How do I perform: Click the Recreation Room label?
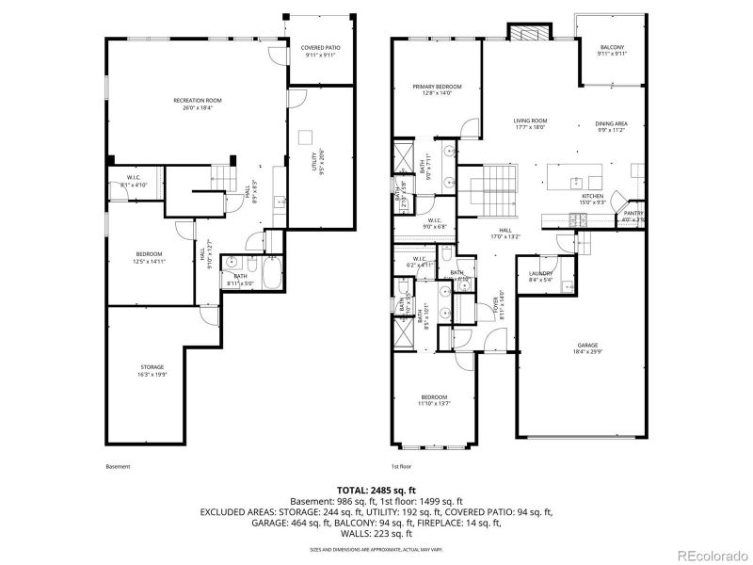pos(197,104)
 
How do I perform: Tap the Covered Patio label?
pos(320,51)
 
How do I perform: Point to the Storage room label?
pos(153,370)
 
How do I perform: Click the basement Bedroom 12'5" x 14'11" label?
pos(149,257)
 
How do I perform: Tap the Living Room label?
pos(530,123)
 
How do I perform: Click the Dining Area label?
pos(612,127)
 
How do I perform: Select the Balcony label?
pos(612,51)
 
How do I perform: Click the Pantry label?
pos(633,216)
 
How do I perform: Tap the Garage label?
pos(587,347)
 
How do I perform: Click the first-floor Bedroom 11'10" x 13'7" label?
pos(434,399)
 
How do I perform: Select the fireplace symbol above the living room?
pos(525,31)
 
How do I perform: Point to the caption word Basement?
pos(118,467)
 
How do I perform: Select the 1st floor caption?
pos(402,467)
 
